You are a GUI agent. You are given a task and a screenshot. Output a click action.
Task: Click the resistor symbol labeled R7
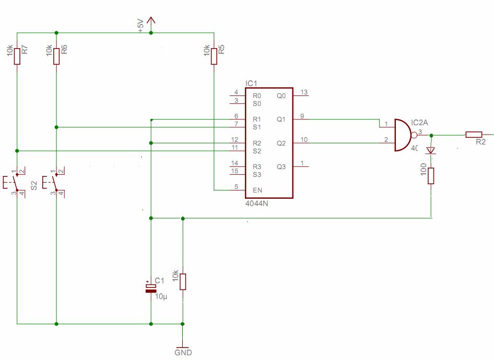(x=17, y=56)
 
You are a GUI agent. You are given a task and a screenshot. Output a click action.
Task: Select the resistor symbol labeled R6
(x=56, y=56)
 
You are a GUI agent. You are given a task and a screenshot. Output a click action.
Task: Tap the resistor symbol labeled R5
(x=214, y=56)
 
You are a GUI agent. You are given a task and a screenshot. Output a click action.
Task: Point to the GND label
(x=183, y=353)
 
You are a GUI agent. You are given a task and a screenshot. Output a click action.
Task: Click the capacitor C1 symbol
(x=151, y=288)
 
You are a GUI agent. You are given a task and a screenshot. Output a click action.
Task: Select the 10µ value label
(x=161, y=296)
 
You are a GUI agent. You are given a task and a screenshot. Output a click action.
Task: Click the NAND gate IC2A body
(x=404, y=135)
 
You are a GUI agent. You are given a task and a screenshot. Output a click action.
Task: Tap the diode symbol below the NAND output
(x=431, y=150)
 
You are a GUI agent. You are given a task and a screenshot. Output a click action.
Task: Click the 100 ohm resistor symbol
(x=431, y=176)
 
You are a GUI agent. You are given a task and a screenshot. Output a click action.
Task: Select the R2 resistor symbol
(x=474, y=135)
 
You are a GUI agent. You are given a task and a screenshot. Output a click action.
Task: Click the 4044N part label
(x=257, y=203)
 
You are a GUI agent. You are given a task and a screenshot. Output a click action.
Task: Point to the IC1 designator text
(x=251, y=83)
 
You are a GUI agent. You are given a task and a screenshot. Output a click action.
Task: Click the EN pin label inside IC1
(x=257, y=190)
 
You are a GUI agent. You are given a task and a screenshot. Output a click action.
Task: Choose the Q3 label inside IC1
(x=281, y=166)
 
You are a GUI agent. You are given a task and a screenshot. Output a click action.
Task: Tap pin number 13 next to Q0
(x=304, y=92)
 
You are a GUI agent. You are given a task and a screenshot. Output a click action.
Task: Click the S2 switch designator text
(x=34, y=185)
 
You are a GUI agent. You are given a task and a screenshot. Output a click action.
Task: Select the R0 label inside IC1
(x=257, y=95)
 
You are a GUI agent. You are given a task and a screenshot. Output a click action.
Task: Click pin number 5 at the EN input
(x=236, y=187)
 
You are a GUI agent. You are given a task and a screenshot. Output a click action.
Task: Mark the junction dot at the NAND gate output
(x=431, y=135)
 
